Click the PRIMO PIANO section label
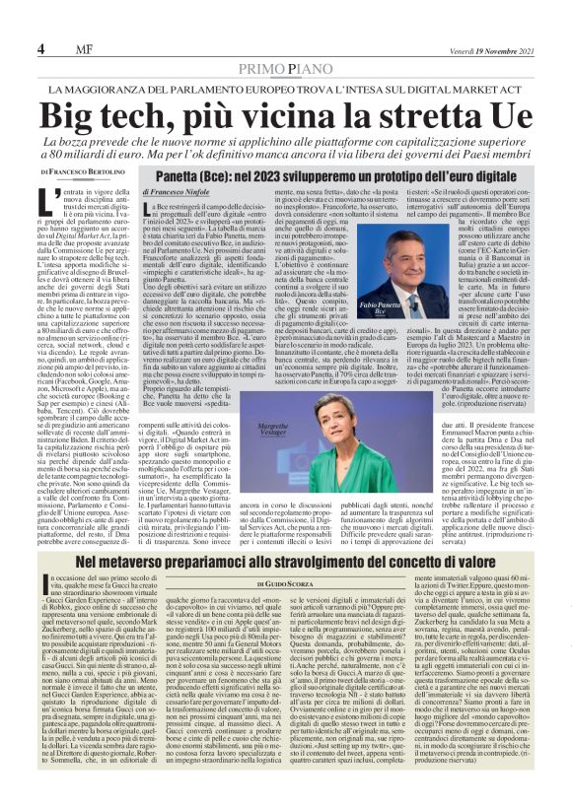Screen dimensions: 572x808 click(286, 67)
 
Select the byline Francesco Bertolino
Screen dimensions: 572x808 click(84, 171)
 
